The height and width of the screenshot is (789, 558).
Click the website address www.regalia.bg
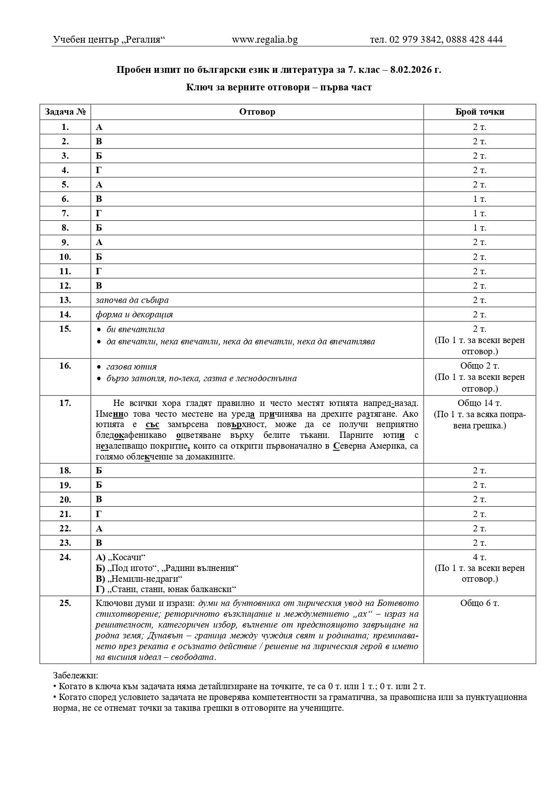point(264,40)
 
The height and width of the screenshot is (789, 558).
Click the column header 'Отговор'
point(257,112)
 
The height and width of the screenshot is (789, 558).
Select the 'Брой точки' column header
point(479,112)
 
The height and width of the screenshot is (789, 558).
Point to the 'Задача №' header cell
point(65,112)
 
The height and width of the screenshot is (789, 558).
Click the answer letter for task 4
point(99,170)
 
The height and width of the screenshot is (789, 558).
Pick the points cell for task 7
point(479,213)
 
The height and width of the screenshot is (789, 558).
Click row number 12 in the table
point(65,285)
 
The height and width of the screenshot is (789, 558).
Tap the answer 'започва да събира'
point(132,300)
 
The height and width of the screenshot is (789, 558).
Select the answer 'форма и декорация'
point(134,314)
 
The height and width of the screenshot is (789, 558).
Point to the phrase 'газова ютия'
point(131,366)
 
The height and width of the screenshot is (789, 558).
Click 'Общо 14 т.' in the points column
point(479,403)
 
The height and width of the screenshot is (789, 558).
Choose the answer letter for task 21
point(99,513)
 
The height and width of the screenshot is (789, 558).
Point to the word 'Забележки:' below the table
point(75,675)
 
